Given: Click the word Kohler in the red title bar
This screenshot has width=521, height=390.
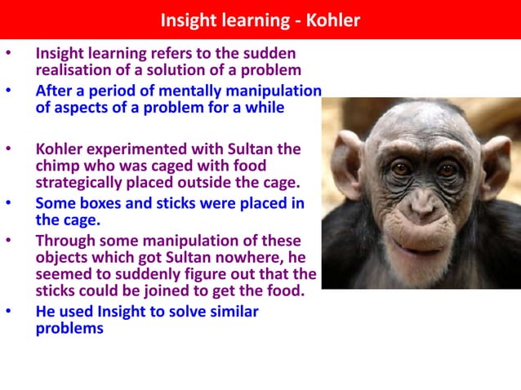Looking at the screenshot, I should tap(333, 20).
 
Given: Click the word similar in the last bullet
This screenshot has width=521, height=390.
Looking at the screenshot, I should tap(233, 312).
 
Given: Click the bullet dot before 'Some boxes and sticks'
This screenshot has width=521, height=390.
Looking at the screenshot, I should tap(9, 202).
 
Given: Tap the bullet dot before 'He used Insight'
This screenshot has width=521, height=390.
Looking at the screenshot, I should tap(9, 311).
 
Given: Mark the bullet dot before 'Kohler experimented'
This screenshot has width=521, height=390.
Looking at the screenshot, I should tap(9, 149).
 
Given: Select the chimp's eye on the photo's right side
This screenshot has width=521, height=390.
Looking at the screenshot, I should tap(448, 170).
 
